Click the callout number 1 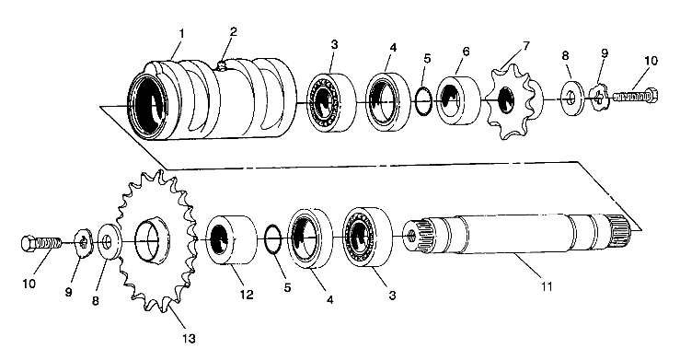(181, 33)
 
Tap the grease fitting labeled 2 (221, 66)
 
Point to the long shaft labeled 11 (516, 235)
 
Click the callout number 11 (547, 286)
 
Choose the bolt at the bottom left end (41, 243)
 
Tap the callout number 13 (189, 338)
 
